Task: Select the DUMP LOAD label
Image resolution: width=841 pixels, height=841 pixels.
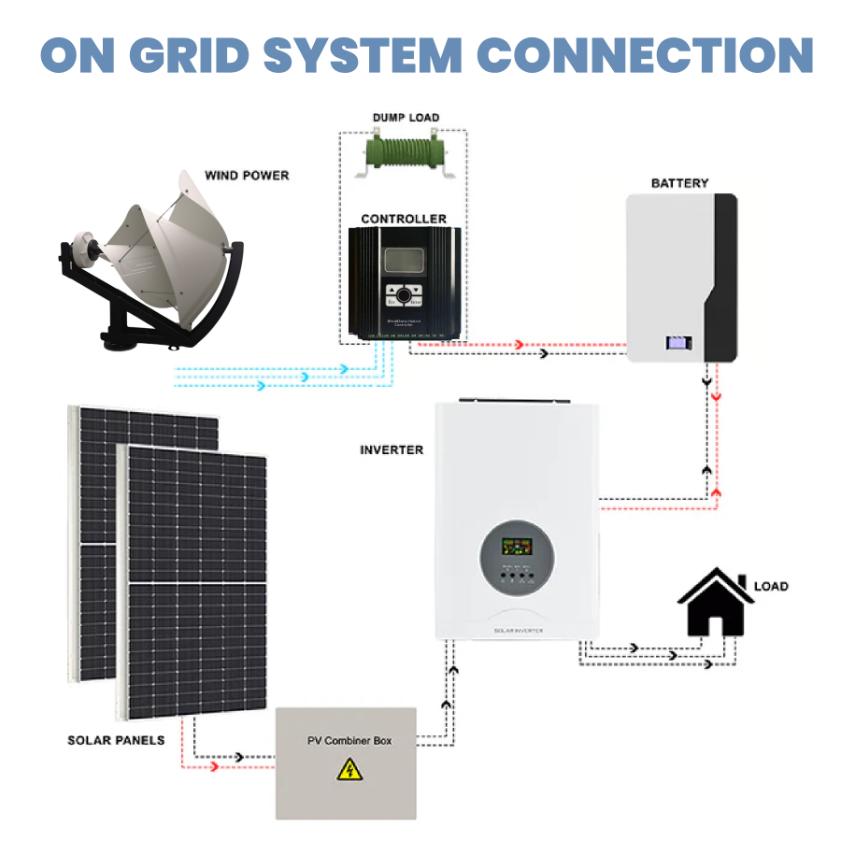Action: (x=406, y=118)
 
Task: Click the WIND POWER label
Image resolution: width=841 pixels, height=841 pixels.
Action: (x=247, y=175)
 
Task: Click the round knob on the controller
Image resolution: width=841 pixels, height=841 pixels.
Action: (x=404, y=295)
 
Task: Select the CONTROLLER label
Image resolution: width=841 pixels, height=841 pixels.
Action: (x=404, y=219)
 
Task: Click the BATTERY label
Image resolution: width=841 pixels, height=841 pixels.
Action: (x=679, y=183)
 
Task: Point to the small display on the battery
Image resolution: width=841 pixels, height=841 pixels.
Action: (x=677, y=343)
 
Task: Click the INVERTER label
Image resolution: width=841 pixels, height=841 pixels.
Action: (x=392, y=449)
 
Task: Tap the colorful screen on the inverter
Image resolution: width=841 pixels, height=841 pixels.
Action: (x=517, y=546)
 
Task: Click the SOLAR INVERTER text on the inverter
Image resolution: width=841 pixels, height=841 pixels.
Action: (x=518, y=631)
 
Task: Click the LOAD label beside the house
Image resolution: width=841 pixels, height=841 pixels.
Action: (x=771, y=586)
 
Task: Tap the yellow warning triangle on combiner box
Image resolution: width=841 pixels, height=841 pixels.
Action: (x=349, y=770)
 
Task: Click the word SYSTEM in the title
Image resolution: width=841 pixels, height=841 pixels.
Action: (x=384, y=55)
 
